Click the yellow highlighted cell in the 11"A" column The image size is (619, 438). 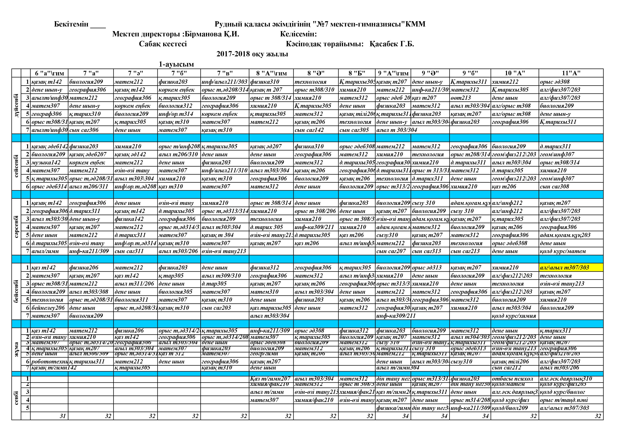click(x=571, y=268)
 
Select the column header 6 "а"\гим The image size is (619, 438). click(x=49, y=73)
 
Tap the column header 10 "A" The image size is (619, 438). click(x=515, y=73)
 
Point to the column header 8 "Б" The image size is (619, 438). click(x=356, y=73)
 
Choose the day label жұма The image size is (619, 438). click(x=16, y=350)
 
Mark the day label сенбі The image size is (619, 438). click(x=16, y=398)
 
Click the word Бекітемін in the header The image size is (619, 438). click(x=71, y=24)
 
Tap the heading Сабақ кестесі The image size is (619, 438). click(x=163, y=44)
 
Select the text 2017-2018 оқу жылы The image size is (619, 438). click(x=252, y=54)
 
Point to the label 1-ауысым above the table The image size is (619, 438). click(x=176, y=64)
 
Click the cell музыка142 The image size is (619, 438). click(x=46, y=162)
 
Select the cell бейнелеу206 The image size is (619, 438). click(x=48, y=308)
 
